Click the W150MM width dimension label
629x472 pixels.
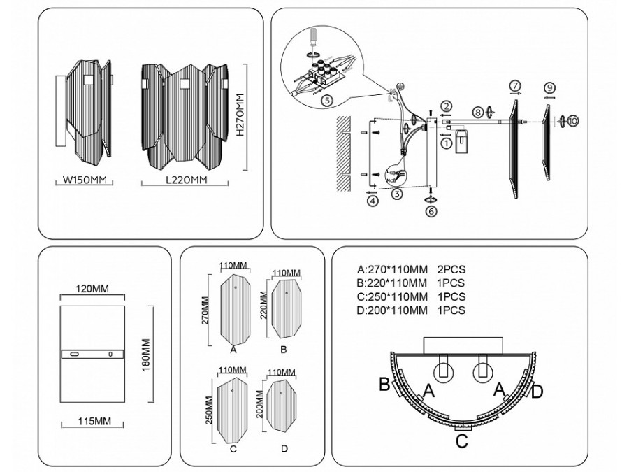84,180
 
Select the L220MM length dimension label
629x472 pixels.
187,180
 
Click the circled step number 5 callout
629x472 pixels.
326,101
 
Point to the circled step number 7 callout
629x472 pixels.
515,86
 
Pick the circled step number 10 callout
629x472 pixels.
573,121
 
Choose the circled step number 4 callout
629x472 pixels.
373,201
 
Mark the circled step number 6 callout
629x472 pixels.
431,209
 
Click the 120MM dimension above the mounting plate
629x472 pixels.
94,288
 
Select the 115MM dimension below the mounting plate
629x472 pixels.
94,422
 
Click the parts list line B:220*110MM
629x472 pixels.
391,283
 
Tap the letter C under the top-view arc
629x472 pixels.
461,441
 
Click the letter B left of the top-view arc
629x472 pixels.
384,384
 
